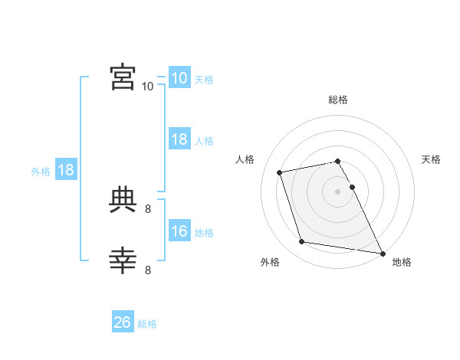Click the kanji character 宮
click(x=123, y=77)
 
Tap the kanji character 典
click(x=123, y=201)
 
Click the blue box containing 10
click(x=179, y=78)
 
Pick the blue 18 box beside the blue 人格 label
click(x=179, y=139)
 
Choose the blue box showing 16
click(x=179, y=231)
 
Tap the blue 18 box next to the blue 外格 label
click(x=66, y=170)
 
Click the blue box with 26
click(x=123, y=322)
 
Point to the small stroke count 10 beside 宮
click(x=147, y=87)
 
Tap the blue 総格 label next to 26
click(x=147, y=324)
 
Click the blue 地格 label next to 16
click(x=204, y=233)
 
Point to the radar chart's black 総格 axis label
click(x=338, y=100)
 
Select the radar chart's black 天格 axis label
click(x=431, y=159)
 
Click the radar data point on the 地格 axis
click(x=382, y=253)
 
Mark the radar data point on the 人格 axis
click(x=280, y=172)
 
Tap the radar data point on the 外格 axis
click(x=302, y=242)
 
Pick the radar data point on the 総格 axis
click(x=337, y=161)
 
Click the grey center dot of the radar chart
click(x=337, y=191)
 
